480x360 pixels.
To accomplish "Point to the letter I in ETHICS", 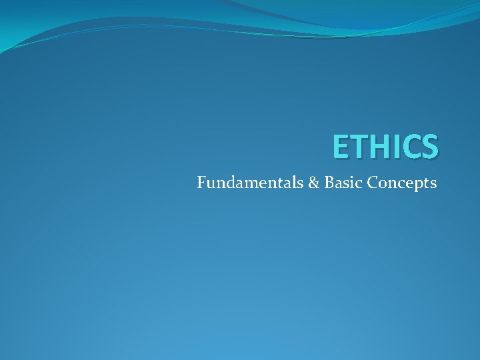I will [x=397, y=147].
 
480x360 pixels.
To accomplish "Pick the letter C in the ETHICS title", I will [x=411, y=147].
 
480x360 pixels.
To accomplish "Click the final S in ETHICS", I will [x=430, y=147].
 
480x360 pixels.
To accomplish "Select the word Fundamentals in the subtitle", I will [x=251, y=182].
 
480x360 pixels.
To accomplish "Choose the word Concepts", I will [x=400, y=182].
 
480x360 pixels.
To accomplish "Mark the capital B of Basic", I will [x=329, y=182].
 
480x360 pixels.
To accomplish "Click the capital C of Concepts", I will [x=369, y=182].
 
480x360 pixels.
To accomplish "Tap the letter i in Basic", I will [x=350, y=182].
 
